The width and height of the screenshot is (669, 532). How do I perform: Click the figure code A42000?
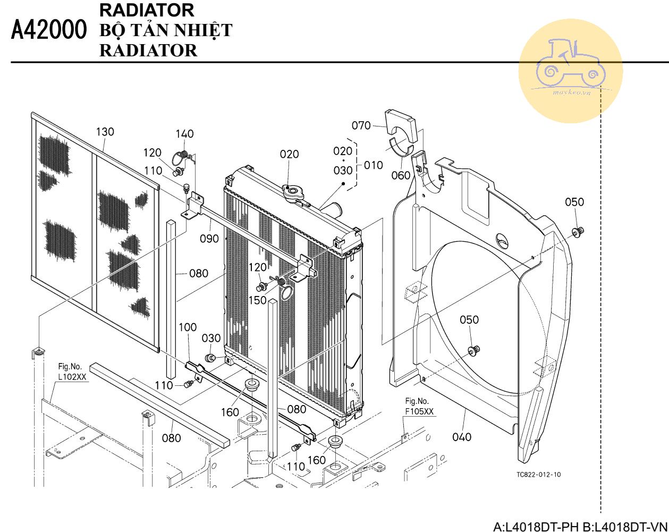coord(49,30)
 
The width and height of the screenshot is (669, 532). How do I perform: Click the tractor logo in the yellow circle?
coord(571,63)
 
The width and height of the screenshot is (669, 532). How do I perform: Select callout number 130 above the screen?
coord(105,132)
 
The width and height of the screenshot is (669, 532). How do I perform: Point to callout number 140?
coord(185,134)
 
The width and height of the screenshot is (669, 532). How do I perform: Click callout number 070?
coord(361,125)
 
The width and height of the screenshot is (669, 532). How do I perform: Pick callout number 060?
coord(401,175)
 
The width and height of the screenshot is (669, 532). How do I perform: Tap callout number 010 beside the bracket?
coord(373,165)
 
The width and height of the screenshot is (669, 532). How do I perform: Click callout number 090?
coord(209,239)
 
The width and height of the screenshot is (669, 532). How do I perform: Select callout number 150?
coord(258,300)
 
